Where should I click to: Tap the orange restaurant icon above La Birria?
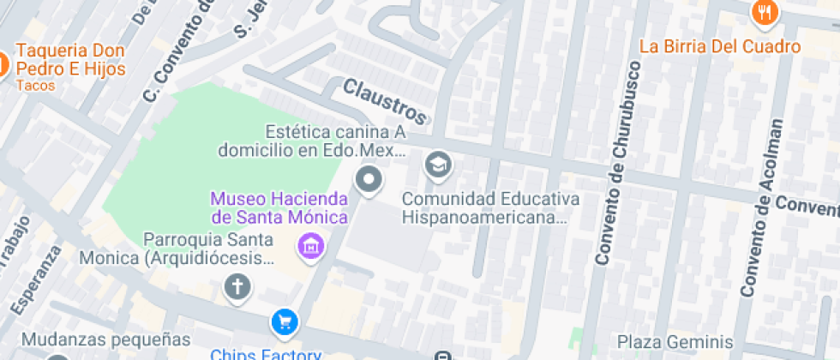[x=764, y=12]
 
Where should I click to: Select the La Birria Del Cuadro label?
[x=720, y=46]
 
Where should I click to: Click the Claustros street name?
[x=384, y=100]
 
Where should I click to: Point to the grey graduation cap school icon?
[x=439, y=164]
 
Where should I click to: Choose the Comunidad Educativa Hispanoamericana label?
[x=490, y=208]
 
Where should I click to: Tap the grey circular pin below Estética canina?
[x=369, y=181]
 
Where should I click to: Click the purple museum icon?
[x=309, y=247]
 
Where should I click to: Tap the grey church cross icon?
[x=237, y=287]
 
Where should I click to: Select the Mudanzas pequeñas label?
[x=105, y=339]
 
